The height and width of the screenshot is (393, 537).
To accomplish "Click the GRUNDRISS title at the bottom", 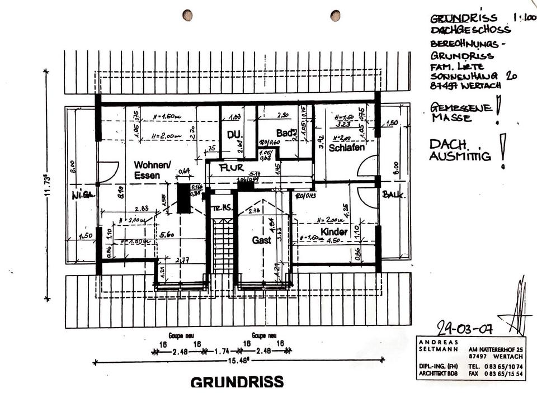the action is [237, 382].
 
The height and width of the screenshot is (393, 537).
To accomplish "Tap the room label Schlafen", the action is [347, 148].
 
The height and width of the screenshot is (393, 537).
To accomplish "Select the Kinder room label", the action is [334, 231].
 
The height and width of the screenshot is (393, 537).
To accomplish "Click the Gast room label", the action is [261, 240].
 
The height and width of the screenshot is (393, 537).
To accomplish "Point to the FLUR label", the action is [230, 168].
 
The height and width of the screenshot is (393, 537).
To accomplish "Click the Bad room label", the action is [285, 133].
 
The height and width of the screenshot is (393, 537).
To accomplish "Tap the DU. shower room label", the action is [234, 135].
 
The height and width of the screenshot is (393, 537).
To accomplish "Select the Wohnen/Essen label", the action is [151, 170].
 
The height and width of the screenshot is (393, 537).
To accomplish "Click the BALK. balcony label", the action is [393, 195].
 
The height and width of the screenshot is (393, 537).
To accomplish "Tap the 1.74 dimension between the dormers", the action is [223, 352].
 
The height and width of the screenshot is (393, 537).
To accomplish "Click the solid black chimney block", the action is [183, 198].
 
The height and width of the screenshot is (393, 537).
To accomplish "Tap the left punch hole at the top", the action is [187, 15].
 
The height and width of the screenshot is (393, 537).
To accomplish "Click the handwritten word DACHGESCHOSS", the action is [470, 30].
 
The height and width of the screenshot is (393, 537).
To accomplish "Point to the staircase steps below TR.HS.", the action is [223, 246].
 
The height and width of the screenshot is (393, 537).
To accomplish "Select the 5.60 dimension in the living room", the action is [167, 234].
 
